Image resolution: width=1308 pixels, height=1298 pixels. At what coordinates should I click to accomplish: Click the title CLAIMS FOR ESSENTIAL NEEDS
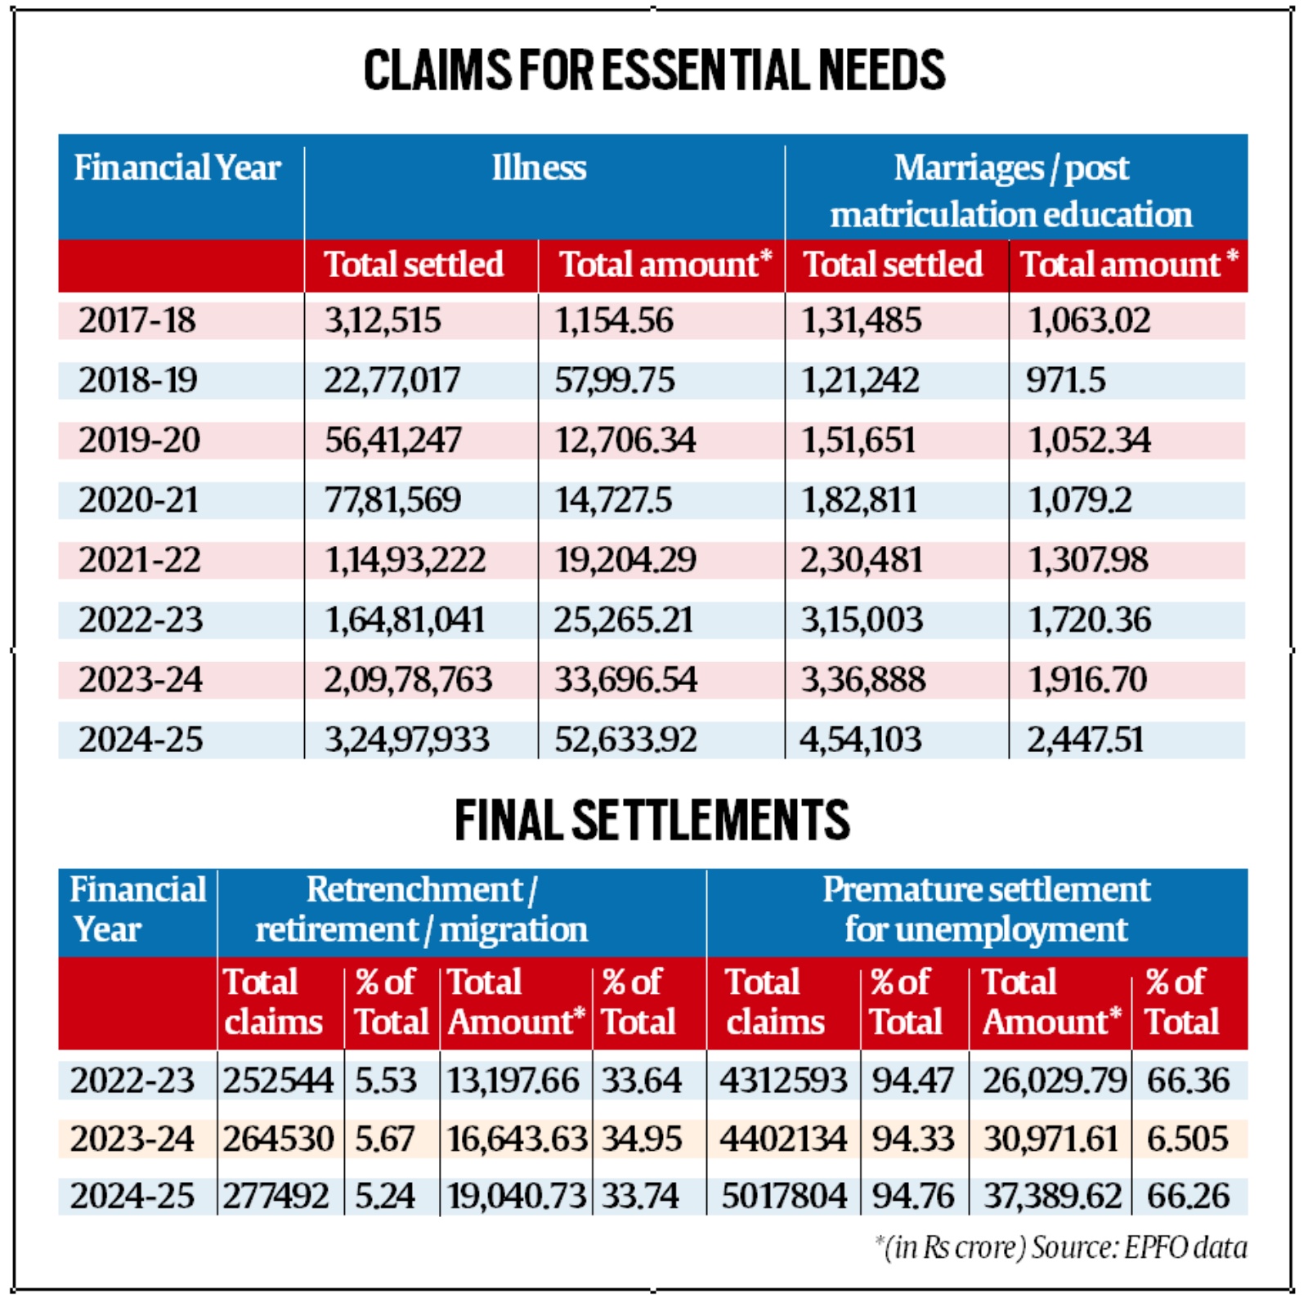click(x=654, y=70)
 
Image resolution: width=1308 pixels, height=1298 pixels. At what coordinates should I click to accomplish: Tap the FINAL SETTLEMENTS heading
click(x=652, y=821)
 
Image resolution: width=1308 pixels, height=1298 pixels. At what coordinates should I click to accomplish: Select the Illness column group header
click(x=539, y=168)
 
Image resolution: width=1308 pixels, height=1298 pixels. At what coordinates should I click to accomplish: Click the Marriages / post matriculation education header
click(x=1011, y=191)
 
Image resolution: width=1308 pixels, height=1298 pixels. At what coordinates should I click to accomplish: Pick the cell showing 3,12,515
click(x=383, y=320)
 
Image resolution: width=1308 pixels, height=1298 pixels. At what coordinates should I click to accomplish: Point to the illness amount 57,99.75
click(x=615, y=380)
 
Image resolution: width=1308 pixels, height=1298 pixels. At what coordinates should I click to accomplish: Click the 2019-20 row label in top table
click(x=139, y=441)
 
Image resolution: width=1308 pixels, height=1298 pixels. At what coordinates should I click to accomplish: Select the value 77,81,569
click(x=392, y=500)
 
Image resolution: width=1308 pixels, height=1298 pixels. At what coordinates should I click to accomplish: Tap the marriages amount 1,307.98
click(x=1087, y=561)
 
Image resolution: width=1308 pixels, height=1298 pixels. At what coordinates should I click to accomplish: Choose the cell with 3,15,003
click(x=862, y=620)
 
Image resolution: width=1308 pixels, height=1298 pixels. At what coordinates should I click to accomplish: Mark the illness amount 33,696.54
click(x=625, y=680)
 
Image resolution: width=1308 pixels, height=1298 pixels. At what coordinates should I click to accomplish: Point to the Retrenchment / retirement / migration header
click(x=421, y=910)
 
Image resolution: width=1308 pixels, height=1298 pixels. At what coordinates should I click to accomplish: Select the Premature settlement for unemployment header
click(x=986, y=910)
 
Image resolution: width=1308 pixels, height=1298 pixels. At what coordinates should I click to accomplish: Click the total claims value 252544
click(x=278, y=1081)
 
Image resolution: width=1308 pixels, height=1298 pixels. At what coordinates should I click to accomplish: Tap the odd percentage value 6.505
click(x=1187, y=1139)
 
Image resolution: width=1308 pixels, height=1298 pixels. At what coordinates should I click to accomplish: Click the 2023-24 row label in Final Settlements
click(x=132, y=1139)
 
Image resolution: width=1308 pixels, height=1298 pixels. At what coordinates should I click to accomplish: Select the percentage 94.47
click(x=912, y=1081)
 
